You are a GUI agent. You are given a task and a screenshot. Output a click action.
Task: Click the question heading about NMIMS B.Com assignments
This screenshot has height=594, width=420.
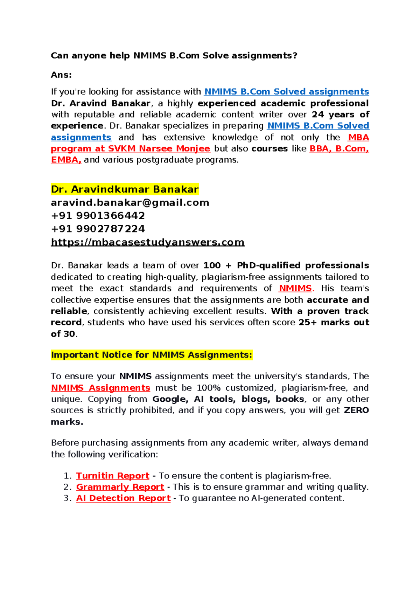pos(174,56)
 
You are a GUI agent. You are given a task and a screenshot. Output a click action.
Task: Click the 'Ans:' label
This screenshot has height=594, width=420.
pos(61,75)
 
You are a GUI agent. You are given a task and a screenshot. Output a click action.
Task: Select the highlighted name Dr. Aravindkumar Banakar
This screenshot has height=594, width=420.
pos(125,189)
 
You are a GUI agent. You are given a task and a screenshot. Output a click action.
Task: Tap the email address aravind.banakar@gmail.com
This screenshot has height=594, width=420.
pos(130,203)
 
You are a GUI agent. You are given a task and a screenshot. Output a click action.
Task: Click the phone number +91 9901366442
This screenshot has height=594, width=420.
pos(98,216)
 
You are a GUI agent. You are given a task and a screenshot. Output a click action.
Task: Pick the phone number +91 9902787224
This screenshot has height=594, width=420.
pos(98,229)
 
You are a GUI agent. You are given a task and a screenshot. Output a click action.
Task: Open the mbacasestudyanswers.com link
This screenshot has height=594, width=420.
pos(147,242)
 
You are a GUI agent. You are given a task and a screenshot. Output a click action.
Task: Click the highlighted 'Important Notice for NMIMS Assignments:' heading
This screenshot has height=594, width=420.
pos(151,355)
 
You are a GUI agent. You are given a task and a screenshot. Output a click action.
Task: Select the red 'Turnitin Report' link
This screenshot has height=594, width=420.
pos(113,476)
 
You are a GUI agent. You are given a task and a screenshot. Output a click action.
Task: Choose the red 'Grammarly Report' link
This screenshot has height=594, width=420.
pos(120,487)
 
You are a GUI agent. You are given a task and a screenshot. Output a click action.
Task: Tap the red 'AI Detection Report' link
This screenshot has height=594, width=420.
pos(123,498)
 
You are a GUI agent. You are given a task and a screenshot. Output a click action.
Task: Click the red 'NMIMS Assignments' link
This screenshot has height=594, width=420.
pos(100,388)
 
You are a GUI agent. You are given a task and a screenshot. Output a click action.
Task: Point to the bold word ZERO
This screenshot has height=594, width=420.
pos(356,410)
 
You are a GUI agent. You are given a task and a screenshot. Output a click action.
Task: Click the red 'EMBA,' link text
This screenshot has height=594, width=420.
pos(66,160)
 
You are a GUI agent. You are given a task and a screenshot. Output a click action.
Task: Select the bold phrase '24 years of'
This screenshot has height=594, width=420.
pos(340,115)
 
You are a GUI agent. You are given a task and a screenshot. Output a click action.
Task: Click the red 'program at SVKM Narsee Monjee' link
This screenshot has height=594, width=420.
pos(130,149)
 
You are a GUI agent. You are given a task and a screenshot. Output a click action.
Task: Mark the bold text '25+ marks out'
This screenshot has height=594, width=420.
pos(334,323)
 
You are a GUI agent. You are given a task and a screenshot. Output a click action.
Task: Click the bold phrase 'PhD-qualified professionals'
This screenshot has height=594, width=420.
pos(303,266)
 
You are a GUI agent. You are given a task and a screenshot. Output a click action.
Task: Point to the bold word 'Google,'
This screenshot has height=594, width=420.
pos(170,399)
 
